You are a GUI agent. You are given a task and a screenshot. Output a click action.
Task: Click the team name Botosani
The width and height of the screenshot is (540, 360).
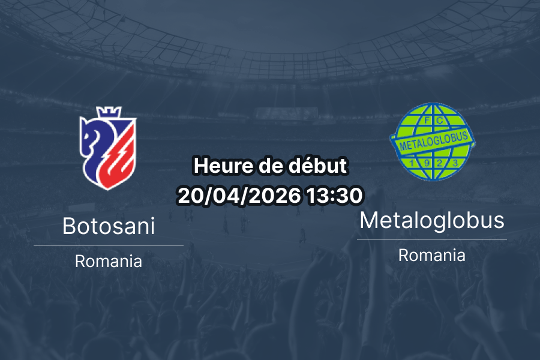[109, 226]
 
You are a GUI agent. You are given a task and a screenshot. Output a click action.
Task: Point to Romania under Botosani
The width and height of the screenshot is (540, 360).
[109, 262]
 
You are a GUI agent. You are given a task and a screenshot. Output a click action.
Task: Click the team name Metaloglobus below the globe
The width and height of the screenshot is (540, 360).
[432, 220]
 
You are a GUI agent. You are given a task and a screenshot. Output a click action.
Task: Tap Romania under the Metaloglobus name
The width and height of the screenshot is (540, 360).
[432, 255]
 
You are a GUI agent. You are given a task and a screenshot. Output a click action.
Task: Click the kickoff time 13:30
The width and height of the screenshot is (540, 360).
[334, 195]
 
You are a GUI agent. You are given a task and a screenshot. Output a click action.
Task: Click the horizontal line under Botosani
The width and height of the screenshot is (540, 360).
[109, 245]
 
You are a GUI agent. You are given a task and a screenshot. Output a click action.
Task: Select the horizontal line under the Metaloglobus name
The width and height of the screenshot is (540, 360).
[432, 239]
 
